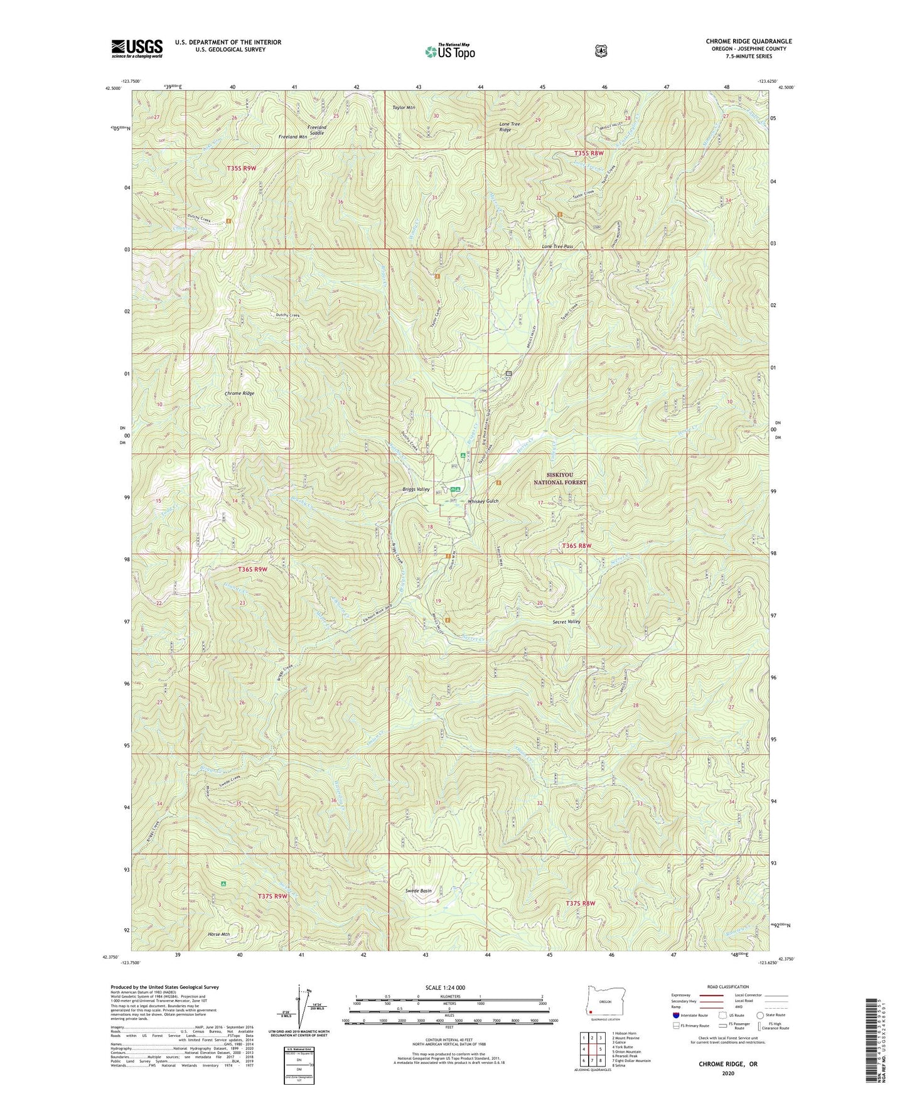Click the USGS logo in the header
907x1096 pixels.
[137, 48]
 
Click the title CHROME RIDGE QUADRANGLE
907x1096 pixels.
[748, 41]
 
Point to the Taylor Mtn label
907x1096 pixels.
[404, 107]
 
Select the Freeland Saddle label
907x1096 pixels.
[316, 130]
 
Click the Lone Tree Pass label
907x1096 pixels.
[557, 247]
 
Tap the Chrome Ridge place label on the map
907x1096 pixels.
[239, 393]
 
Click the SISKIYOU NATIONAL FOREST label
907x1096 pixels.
[560, 479]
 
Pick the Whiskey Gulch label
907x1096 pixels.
[483, 502]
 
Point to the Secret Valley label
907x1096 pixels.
[566, 621]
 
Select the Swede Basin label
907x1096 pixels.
[418, 891]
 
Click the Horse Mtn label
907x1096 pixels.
[219, 935]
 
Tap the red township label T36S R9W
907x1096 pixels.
[253, 569]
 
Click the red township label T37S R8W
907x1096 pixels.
[580, 903]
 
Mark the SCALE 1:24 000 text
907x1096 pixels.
[445, 987]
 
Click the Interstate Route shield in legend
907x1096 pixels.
[675, 1014]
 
